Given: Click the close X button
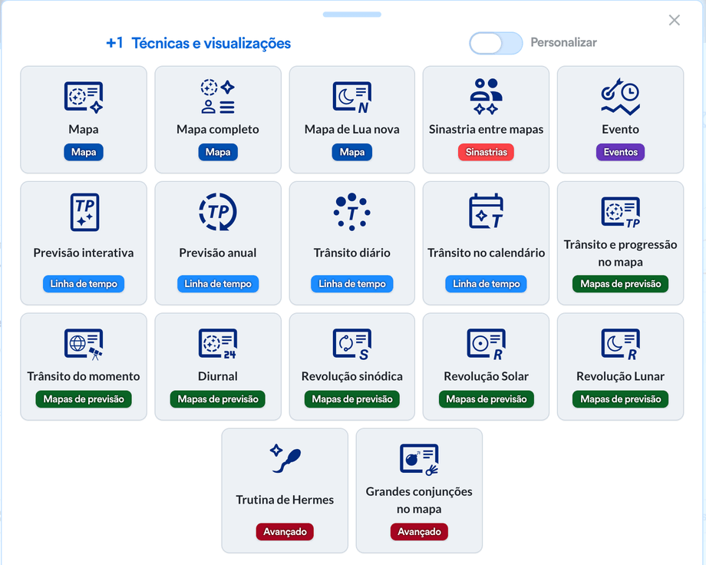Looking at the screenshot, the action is (x=674, y=20).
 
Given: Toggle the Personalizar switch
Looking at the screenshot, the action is (x=496, y=43).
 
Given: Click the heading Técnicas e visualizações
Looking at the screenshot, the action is (x=211, y=43).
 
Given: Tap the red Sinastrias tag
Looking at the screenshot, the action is (x=487, y=152).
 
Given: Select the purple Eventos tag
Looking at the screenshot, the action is (x=621, y=152).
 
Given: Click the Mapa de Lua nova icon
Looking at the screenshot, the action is (x=352, y=97).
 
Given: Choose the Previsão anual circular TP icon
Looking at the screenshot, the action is (x=218, y=212).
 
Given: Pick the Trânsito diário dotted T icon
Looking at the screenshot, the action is (x=352, y=212).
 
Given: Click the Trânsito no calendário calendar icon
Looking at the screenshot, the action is (x=487, y=211).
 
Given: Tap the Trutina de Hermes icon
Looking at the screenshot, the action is (x=285, y=458).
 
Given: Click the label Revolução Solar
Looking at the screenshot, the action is (x=487, y=376).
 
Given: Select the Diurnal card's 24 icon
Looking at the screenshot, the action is (x=218, y=344).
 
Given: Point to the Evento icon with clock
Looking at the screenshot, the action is (x=621, y=97).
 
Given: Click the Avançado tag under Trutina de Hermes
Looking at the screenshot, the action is (x=285, y=532).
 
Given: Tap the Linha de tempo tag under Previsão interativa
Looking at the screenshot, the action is (x=84, y=284).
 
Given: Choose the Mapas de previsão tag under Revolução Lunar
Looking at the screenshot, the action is (x=621, y=399).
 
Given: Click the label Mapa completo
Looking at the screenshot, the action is (x=218, y=129).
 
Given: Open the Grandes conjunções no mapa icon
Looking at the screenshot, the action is (x=419, y=459).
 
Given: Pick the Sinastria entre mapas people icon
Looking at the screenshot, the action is (x=487, y=97).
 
